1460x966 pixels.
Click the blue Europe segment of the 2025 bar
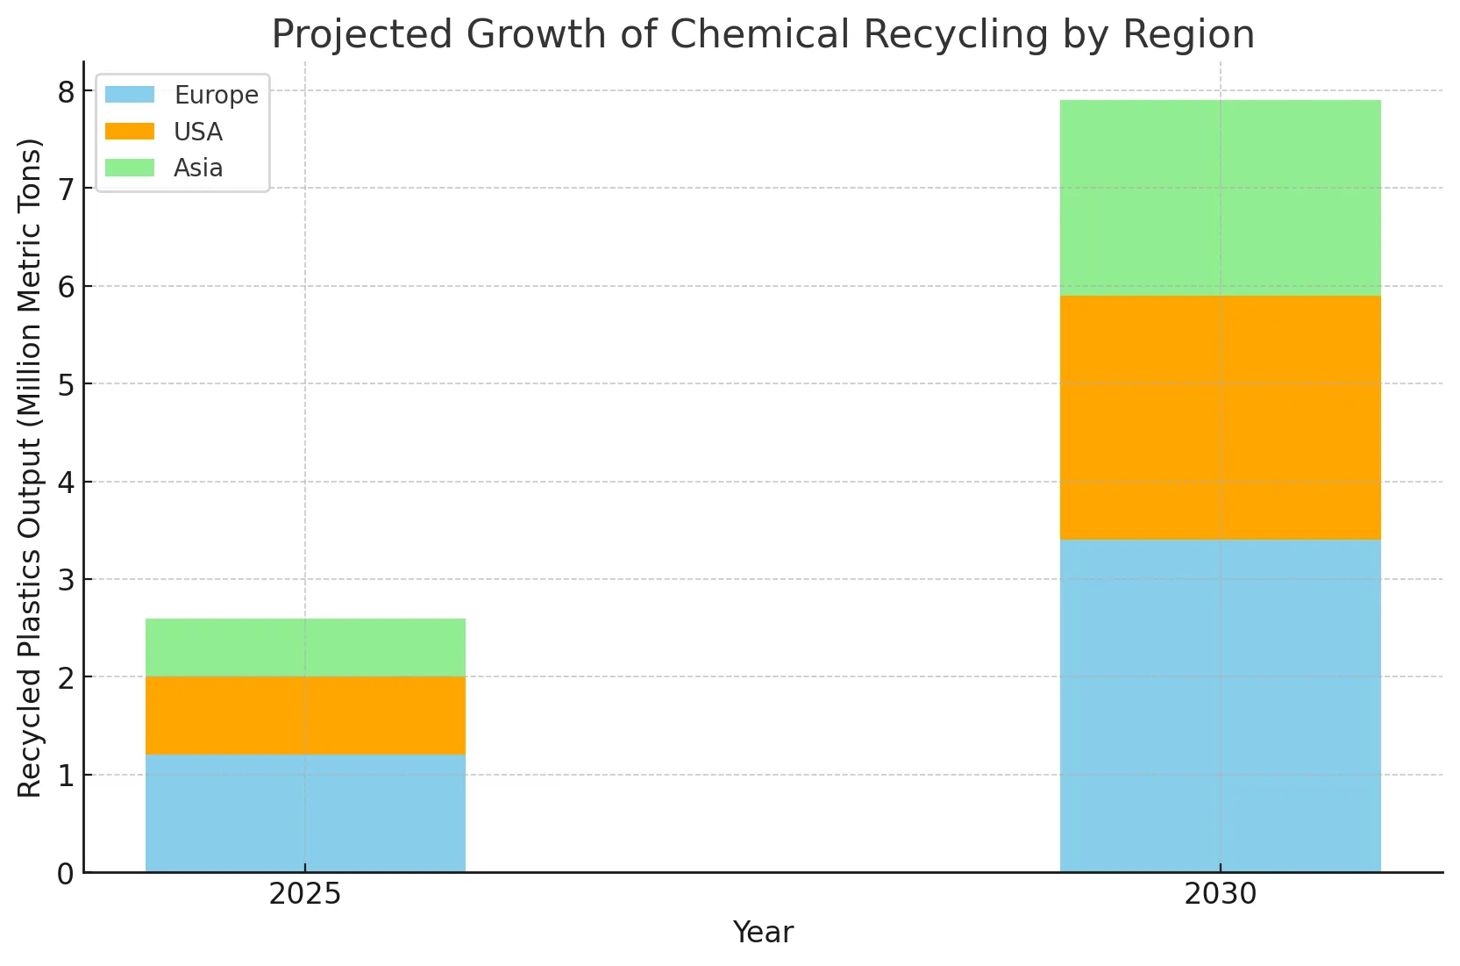[305, 812]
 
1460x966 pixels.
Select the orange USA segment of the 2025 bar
[305, 715]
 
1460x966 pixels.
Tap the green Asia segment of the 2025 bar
[305, 648]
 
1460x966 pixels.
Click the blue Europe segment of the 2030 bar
[1220, 705]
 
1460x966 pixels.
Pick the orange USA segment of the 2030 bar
[1220, 418]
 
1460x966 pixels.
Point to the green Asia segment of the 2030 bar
[1220, 197]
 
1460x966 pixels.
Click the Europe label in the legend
[216, 95]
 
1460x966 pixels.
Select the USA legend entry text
[197, 132]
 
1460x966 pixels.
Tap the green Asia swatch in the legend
[130, 168]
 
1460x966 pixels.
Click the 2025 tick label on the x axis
[304, 895]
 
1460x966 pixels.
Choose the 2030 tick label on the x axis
[1220, 895]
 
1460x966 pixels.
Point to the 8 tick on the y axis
[67, 91]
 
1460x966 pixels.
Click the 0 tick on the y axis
[67, 874]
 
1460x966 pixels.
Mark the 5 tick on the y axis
[67, 384]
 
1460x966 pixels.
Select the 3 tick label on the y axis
[67, 580]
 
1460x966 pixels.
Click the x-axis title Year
[763, 933]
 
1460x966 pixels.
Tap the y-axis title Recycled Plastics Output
[31, 467]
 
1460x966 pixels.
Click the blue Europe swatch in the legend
[130, 94]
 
